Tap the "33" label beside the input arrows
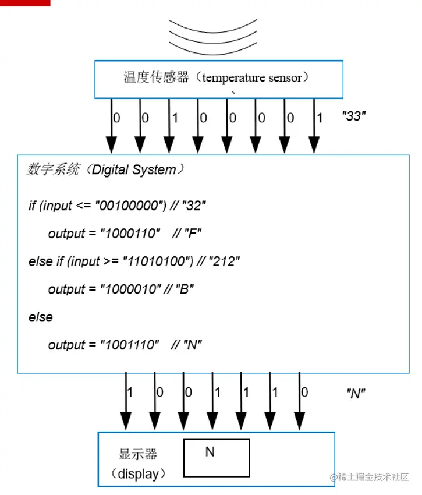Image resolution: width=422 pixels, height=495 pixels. (353, 116)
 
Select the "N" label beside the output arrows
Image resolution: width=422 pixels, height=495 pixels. (356, 393)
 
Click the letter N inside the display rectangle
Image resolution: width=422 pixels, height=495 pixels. (210, 452)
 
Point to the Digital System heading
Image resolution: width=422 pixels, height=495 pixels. (105, 170)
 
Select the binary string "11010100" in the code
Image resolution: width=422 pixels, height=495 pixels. (155, 261)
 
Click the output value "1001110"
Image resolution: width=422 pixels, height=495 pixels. (129, 345)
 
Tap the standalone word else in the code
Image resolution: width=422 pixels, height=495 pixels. (40, 317)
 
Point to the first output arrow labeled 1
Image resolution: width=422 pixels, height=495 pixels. (126, 402)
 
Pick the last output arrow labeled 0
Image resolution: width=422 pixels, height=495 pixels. (299, 402)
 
